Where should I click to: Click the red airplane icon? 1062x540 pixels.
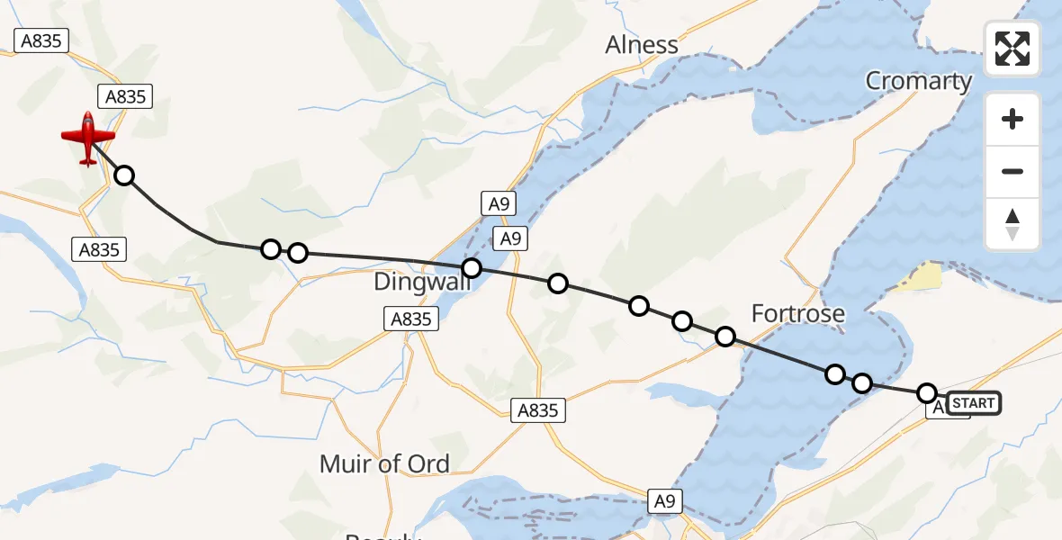coord(88,139)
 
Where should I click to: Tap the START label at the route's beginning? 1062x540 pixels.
coord(973,403)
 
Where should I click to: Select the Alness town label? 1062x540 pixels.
coord(641,45)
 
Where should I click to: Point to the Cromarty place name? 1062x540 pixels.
coord(918,81)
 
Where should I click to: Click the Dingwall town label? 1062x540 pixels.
coord(417,283)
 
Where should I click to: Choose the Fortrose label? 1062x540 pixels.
coord(798,314)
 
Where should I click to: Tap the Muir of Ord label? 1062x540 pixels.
coord(384,463)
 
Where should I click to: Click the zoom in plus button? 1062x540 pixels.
coord(1012,120)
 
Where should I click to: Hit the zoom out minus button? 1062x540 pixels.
coord(1012,171)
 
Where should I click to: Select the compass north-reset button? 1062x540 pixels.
coord(1012,224)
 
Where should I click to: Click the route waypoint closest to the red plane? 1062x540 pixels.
coord(124,175)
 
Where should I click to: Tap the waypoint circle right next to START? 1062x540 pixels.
coord(927,393)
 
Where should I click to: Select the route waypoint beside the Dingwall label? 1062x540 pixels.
coord(471,267)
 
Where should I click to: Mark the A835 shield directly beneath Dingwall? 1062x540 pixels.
coord(409,318)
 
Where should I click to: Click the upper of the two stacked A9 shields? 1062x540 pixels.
coord(499,204)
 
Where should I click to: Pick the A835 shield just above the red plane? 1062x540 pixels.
coord(125,96)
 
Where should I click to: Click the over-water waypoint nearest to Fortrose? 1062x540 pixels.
coord(835,374)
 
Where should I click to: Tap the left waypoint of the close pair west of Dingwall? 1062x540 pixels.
coord(271,249)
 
